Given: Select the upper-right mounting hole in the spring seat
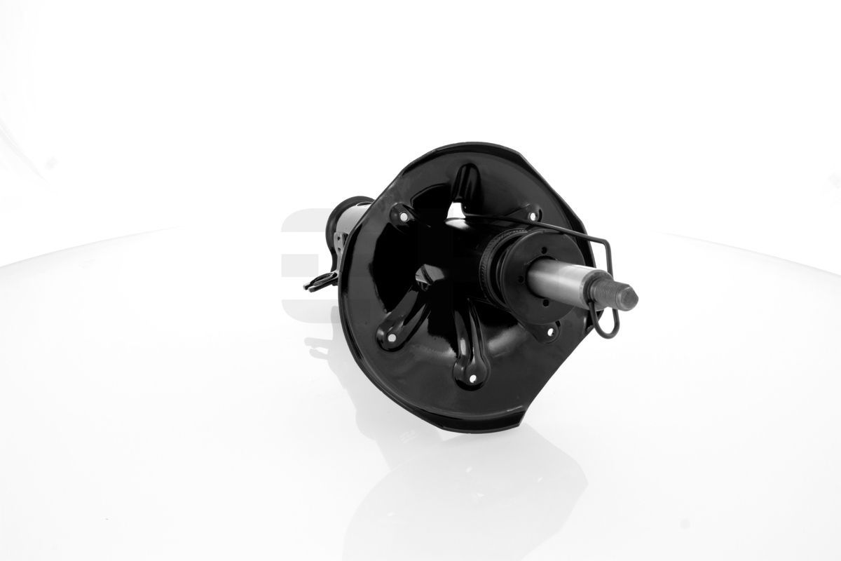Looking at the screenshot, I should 531,214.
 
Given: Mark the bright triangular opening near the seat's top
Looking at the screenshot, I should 456,211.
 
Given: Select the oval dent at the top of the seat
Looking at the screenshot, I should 463,180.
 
